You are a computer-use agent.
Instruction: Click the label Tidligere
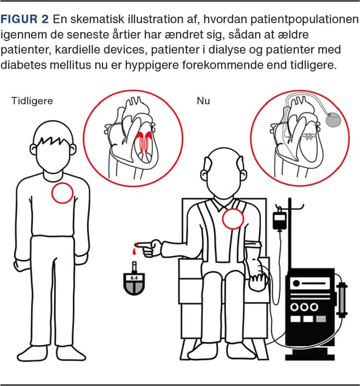tap(32, 101)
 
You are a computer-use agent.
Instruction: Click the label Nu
tap(203, 101)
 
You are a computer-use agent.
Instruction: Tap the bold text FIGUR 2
tap(24, 19)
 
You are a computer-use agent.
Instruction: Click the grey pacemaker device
tap(333, 120)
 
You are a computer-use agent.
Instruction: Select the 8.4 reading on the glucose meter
tap(134, 278)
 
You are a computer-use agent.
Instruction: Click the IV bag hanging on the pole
tap(280, 220)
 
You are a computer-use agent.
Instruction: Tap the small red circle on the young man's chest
tap(63, 193)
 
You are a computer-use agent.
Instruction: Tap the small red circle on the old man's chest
tap(233, 219)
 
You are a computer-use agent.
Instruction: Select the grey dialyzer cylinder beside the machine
tap(342, 300)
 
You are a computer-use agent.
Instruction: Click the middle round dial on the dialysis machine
tap(304, 307)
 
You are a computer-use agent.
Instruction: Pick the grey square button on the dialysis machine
tap(321, 319)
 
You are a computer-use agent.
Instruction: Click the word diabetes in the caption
tap(24, 65)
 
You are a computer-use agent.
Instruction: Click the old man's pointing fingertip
tap(137, 244)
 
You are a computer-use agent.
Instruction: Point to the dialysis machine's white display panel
tap(310, 284)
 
